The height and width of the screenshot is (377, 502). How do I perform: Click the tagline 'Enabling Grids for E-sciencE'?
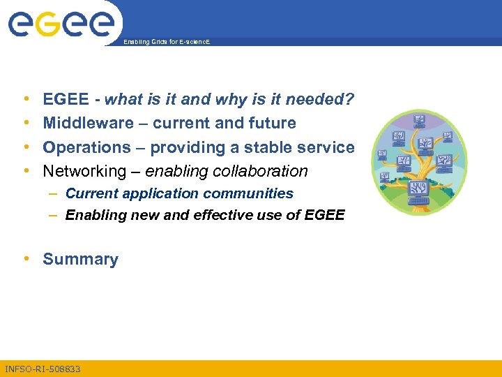click(x=166, y=43)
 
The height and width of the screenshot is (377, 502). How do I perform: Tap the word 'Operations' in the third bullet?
click(x=86, y=147)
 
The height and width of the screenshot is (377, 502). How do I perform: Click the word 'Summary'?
click(x=80, y=260)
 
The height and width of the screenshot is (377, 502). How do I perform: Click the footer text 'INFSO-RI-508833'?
click(x=43, y=369)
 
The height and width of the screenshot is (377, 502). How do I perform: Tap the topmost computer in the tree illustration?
click(x=420, y=119)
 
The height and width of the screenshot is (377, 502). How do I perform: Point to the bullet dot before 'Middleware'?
click(x=26, y=124)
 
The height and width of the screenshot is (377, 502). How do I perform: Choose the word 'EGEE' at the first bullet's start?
click(x=66, y=100)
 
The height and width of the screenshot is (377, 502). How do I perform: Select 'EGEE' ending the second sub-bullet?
click(x=325, y=215)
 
